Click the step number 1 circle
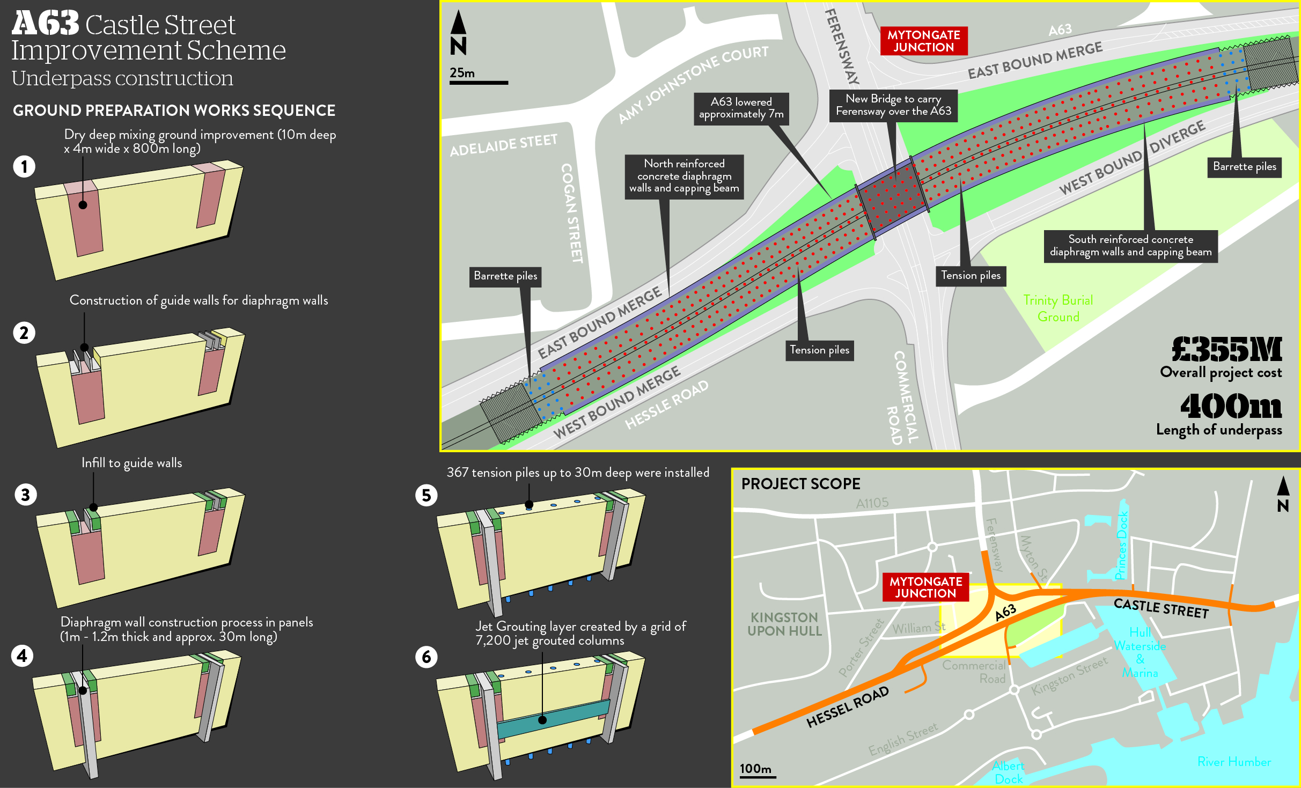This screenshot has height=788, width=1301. click(24, 166)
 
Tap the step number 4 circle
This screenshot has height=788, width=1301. click(22, 656)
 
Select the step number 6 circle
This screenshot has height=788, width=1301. click(427, 657)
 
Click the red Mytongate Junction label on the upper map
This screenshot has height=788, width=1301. click(923, 41)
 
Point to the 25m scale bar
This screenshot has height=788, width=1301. click(479, 83)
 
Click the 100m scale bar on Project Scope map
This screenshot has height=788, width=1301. click(758, 776)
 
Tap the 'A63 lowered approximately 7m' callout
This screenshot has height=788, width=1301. click(741, 108)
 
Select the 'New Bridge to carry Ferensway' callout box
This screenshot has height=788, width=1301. click(893, 105)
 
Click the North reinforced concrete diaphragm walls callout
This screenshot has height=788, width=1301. click(684, 176)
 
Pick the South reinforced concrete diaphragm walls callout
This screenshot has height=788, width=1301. click(1130, 246)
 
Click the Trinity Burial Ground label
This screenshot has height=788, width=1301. click(1058, 308)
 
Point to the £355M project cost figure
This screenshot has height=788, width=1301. click(1226, 350)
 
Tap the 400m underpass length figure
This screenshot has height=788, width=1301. click(1231, 407)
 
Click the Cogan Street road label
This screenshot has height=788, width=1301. click(571, 213)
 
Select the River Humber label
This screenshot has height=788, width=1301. click(1234, 762)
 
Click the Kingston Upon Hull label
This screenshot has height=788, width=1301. click(784, 624)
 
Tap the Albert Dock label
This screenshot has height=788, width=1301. click(1008, 772)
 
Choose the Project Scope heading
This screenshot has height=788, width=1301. click(800, 484)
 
